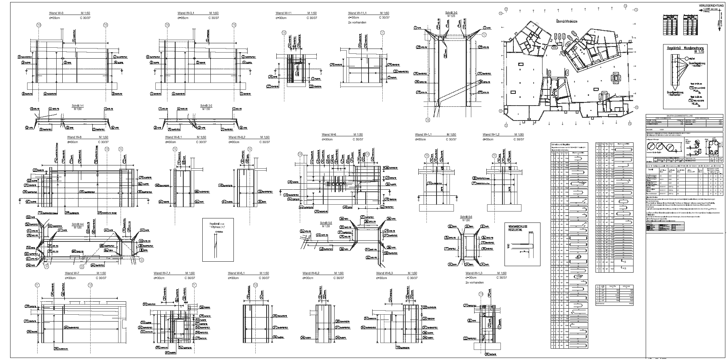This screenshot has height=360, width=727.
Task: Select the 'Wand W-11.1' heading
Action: coord(357,13)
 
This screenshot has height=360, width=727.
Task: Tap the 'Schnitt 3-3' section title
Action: coord(451,13)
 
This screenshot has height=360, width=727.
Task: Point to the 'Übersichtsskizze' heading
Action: coord(566,20)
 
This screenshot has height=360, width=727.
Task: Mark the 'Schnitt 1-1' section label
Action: coord(77,106)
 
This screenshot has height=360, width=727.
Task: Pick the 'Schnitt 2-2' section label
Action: coord(206,106)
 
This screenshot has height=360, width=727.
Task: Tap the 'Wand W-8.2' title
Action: coord(237,137)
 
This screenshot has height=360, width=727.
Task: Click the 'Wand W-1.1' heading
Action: coord(424,134)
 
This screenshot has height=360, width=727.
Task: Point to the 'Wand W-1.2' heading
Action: coord(491,134)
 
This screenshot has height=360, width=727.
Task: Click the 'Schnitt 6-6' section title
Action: coord(466,217)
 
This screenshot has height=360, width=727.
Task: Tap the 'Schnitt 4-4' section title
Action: coord(78,224)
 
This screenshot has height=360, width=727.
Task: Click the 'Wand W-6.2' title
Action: coord(311,273)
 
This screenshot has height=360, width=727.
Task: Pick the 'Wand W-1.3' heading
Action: coord(475,273)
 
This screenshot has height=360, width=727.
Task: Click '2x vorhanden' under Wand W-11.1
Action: coord(357,22)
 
